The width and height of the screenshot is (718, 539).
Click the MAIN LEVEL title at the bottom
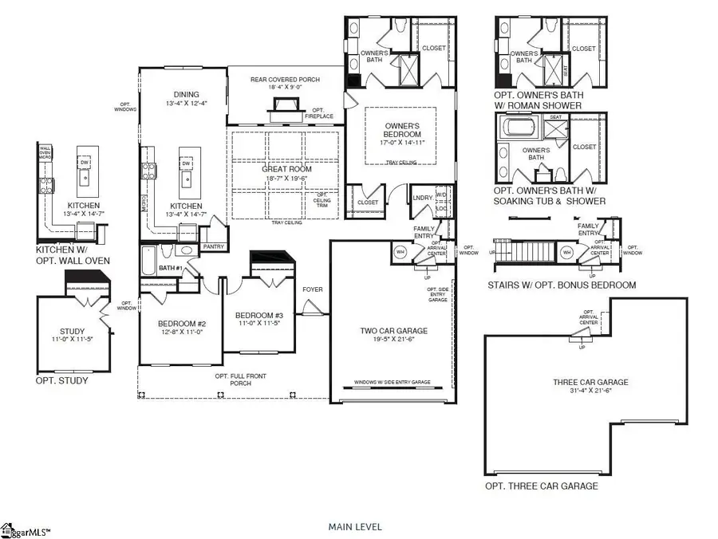point(355,527)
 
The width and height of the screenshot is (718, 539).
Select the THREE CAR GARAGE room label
point(590,383)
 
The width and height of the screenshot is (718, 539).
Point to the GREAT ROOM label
point(286,169)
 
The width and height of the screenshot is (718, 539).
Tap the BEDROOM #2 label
point(182,324)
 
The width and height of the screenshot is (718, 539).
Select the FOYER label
point(312,289)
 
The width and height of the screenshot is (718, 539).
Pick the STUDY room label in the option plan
point(72,332)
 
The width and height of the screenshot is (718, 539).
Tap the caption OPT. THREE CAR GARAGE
point(541,486)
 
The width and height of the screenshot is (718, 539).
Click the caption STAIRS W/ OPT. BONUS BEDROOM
point(562,285)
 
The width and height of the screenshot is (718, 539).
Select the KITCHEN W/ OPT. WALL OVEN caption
point(73,255)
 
